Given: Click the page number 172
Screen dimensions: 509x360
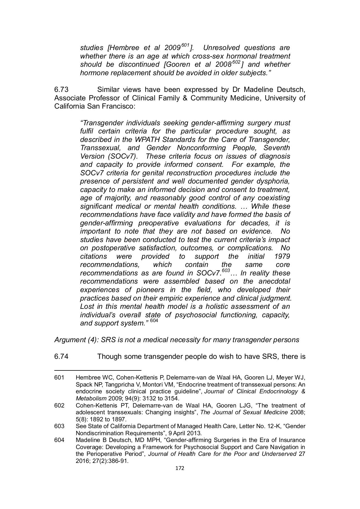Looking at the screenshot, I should coord(180,468).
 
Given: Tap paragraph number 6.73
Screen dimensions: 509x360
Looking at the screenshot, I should coord(61,90).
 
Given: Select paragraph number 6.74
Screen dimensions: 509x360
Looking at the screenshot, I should coord(61,356).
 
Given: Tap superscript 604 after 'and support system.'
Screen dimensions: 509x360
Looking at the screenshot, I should coord(154,321).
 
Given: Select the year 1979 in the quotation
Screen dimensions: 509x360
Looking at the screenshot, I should coord(282,256).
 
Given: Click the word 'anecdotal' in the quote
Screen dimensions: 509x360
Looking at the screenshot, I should coord(274,282).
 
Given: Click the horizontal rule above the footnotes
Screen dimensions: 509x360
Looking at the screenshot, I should coord(97,370).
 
